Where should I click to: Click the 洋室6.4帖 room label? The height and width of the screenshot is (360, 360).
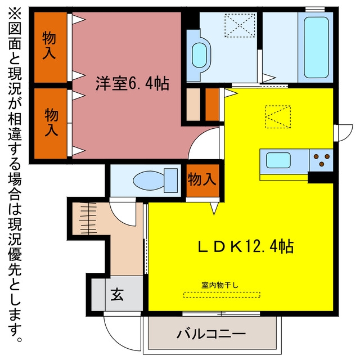click(x=132, y=83)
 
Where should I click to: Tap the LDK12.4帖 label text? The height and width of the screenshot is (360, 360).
click(x=246, y=246)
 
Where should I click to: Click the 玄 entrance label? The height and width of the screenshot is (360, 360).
click(x=117, y=295)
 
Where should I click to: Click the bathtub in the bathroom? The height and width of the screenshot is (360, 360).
click(x=316, y=47)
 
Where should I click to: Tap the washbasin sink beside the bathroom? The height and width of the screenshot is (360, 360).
click(x=199, y=56)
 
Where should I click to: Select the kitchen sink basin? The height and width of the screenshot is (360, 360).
click(x=278, y=160)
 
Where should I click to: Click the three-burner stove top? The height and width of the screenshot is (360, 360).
click(x=321, y=160)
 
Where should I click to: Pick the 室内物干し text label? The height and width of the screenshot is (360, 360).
click(x=220, y=285)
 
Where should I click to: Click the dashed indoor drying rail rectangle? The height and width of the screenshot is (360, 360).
click(x=222, y=295)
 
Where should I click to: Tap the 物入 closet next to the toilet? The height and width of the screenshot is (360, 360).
click(x=202, y=180)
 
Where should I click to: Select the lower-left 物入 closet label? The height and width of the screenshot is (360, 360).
click(x=51, y=123)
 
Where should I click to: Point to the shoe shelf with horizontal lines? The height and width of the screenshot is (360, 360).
click(x=88, y=218)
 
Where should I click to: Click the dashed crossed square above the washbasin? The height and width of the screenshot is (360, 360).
click(x=240, y=25)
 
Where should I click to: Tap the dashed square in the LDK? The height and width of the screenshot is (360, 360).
click(x=278, y=116)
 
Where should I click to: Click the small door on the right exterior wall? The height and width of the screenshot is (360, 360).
click(x=343, y=133)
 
